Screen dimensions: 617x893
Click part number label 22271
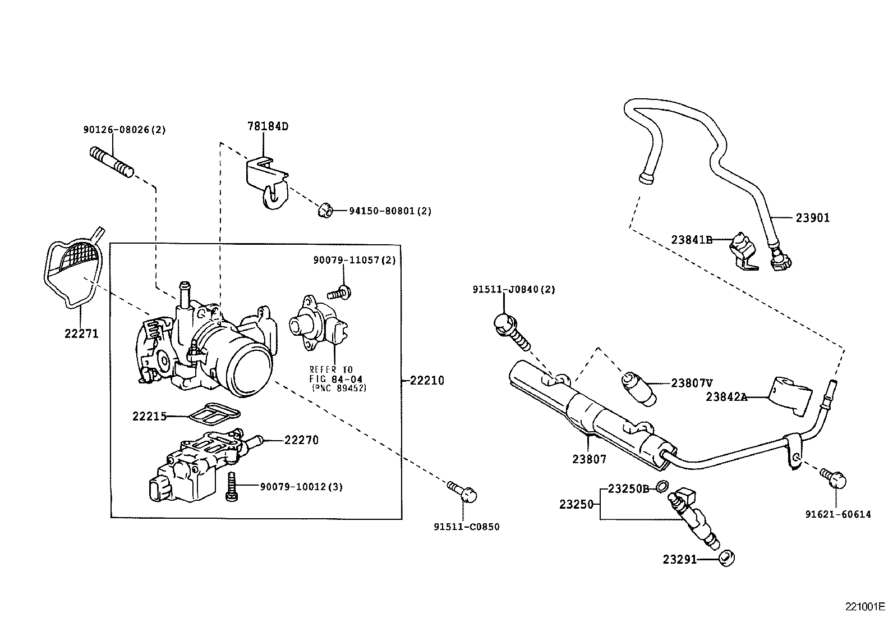pos(81,333)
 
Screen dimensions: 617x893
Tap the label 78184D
pos(268,126)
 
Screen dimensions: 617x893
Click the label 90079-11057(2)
pos(354,260)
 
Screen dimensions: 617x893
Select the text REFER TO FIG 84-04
pos(332,374)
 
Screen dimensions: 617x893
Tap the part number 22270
pos(301,440)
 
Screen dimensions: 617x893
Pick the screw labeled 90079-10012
pos(231,486)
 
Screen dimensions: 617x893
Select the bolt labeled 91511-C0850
pos(464,492)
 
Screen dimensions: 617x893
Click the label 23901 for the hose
pos(812,218)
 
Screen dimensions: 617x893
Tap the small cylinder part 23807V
pos(639,387)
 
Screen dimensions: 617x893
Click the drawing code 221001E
pos(864,607)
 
